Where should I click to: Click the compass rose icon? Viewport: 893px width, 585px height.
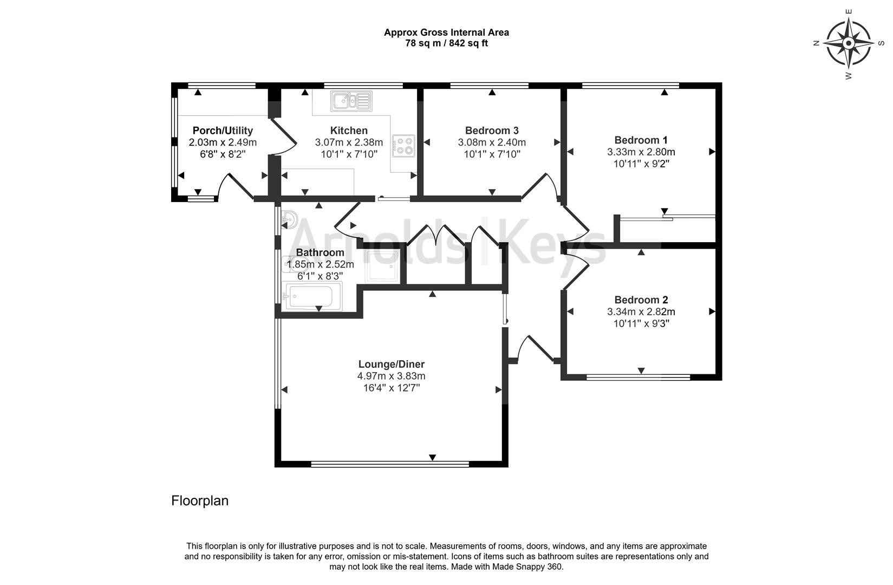pyautogui.click(x=849, y=42)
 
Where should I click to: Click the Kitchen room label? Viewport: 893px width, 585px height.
pyautogui.click(x=349, y=131)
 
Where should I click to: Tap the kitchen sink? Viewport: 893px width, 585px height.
pyautogui.click(x=351, y=101)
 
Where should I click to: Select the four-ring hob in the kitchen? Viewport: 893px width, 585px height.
pyautogui.click(x=403, y=145)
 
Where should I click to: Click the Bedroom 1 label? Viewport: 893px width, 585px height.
pyautogui.click(x=641, y=140)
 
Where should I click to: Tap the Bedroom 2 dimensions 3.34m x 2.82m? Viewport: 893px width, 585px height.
pyautogui.click(x=641, y=311)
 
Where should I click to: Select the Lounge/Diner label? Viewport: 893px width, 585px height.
pyautogui.click(x=391, y=364)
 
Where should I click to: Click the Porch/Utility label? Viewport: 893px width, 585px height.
pyautogui.click(x=223, y=131)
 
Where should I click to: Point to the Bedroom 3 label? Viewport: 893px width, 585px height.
pyautogui.click(x=492, y=131)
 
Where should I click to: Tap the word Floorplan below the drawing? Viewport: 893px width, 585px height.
pyautogui.click(x=200, y=500)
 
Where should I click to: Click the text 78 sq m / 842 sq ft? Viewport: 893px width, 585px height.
pyautogui.click(x=446, y=43)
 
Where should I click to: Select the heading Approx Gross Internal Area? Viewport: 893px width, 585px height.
pyautogui.click(x=446, y=32)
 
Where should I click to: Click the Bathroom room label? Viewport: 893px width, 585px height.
pyautogui.click(x=320, y=252)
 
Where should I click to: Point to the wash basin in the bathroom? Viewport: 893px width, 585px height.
pyautogui.click(x=290, y=219)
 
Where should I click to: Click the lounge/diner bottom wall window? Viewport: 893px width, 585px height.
pyautogui.click(x=390, y=464)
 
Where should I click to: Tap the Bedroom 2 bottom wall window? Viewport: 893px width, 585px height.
pyautogui.click(x=638, y=377)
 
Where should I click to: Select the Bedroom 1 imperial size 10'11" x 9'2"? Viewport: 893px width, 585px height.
pyautogui.click(x=641, y=164)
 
